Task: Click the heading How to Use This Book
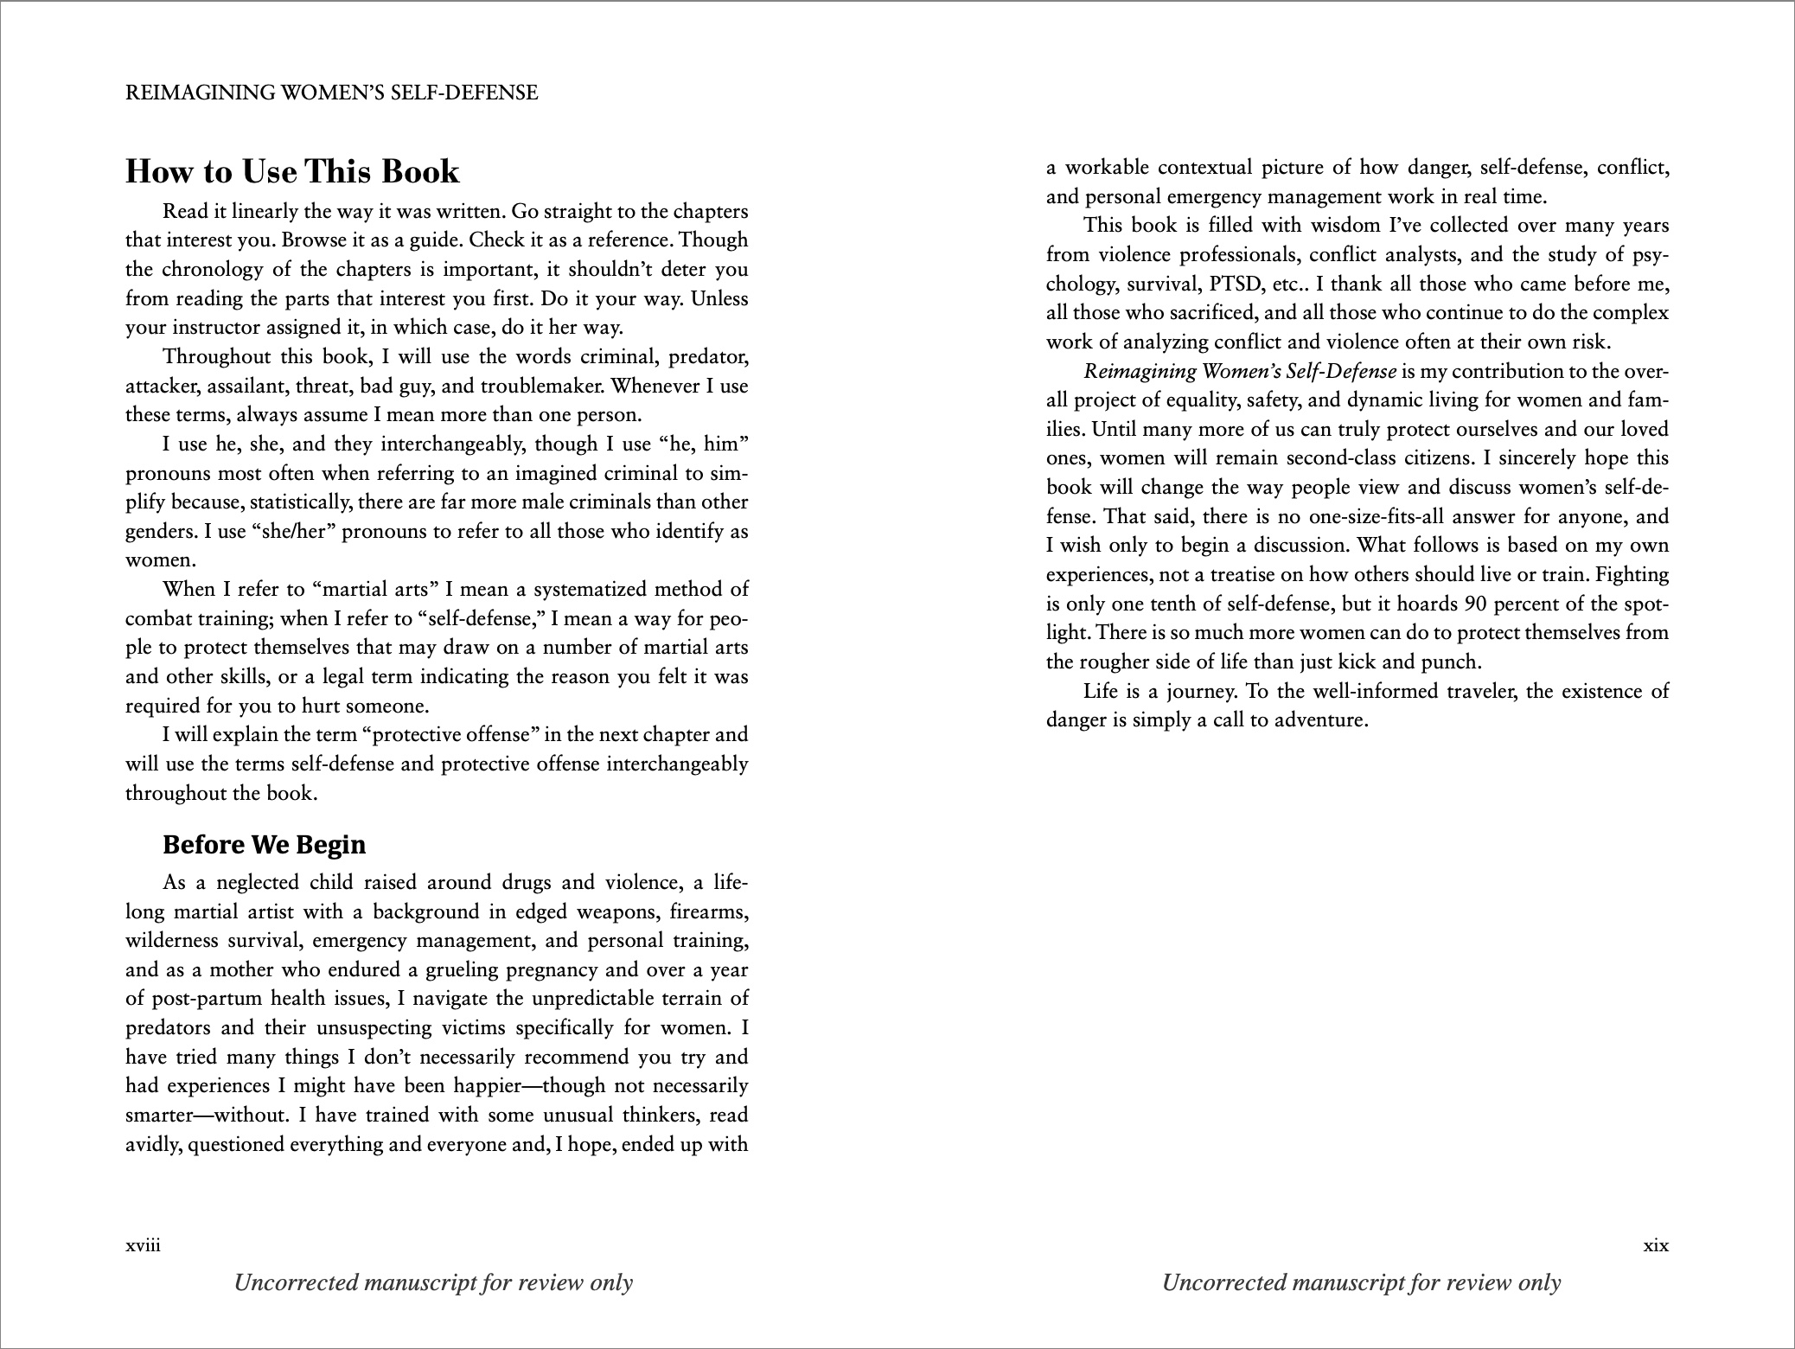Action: [292, 171]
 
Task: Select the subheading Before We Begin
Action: [264, 844]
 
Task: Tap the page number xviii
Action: [143, 1246]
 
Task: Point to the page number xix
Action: [1655, 1246]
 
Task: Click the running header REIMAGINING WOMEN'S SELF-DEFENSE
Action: [331, 93]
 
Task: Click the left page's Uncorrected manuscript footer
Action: [433, 1282]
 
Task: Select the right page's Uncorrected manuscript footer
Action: [1361, 1282]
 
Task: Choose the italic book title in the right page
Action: [1240, 372]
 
